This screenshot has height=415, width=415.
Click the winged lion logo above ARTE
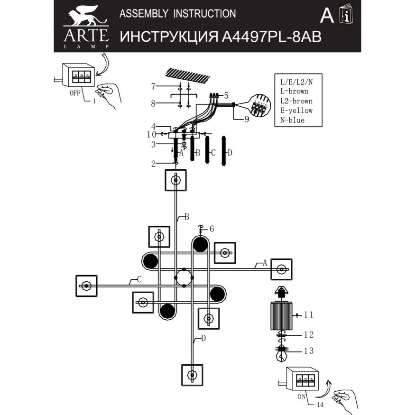85,17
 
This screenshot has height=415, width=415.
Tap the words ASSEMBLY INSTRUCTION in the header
177,14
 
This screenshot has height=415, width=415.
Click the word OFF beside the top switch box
75,93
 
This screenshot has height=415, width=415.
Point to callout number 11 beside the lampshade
308,314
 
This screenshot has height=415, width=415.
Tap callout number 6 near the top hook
212,229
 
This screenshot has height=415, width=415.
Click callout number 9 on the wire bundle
247,120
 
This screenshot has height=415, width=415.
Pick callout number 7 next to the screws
153,86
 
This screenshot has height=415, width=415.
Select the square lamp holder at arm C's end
86,286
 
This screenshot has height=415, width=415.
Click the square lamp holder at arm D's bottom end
192,375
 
